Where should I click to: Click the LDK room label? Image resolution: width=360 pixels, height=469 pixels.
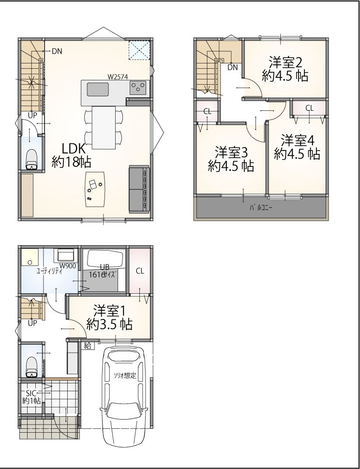coord(72,155)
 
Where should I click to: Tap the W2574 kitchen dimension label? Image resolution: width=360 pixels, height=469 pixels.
coord(118,77)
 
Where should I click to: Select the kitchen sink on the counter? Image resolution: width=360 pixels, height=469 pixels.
coord(98,90)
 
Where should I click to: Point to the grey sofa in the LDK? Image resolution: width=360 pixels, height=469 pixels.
coord(139,189)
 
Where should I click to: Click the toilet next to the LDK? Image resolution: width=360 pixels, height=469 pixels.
coord(32,159)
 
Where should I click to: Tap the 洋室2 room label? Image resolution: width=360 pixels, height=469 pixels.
coord(285,69)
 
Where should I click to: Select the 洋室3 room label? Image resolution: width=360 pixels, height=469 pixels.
coord(231,159)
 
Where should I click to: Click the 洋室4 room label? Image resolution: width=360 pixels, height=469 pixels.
coord(297,147)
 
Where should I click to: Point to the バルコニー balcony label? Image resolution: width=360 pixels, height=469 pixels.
coord(261,208)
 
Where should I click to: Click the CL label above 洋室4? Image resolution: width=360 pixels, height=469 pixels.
coord(310,108)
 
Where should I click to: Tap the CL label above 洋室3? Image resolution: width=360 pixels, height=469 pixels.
coord(208,112)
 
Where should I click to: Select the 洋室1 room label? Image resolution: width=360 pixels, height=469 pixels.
coord(109,318)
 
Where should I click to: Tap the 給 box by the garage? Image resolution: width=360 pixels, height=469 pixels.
coord(88,346)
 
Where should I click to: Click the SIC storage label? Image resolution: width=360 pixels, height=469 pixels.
coord(31,396)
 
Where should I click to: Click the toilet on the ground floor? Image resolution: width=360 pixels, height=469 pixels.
coord(32,367)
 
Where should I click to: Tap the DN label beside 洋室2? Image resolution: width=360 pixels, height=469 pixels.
coord(233,68)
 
